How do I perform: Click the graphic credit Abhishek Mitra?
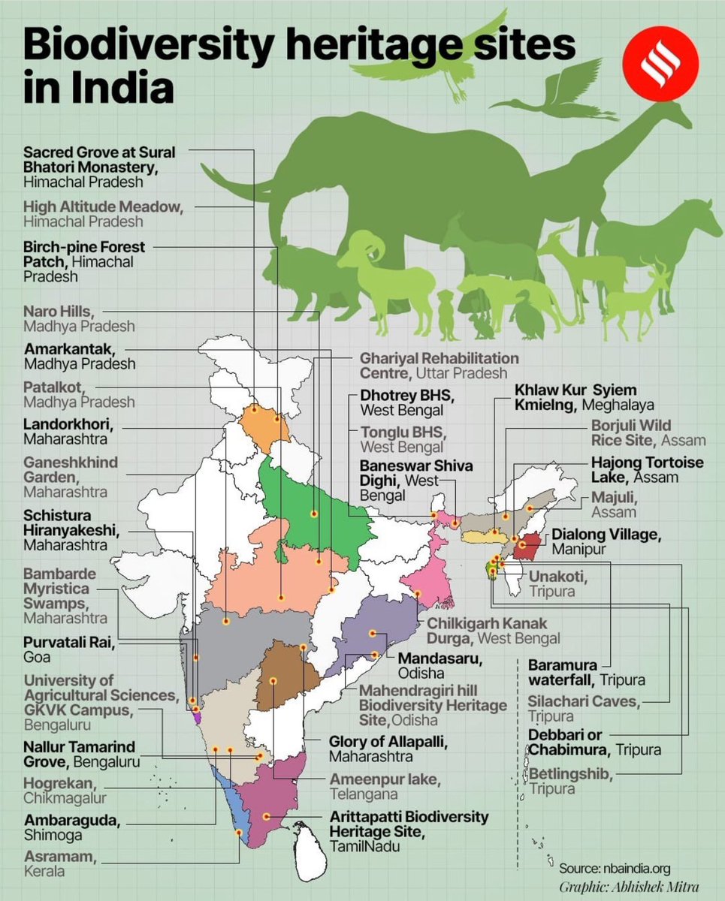pos(628,887)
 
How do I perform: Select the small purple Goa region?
pos(198,718)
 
